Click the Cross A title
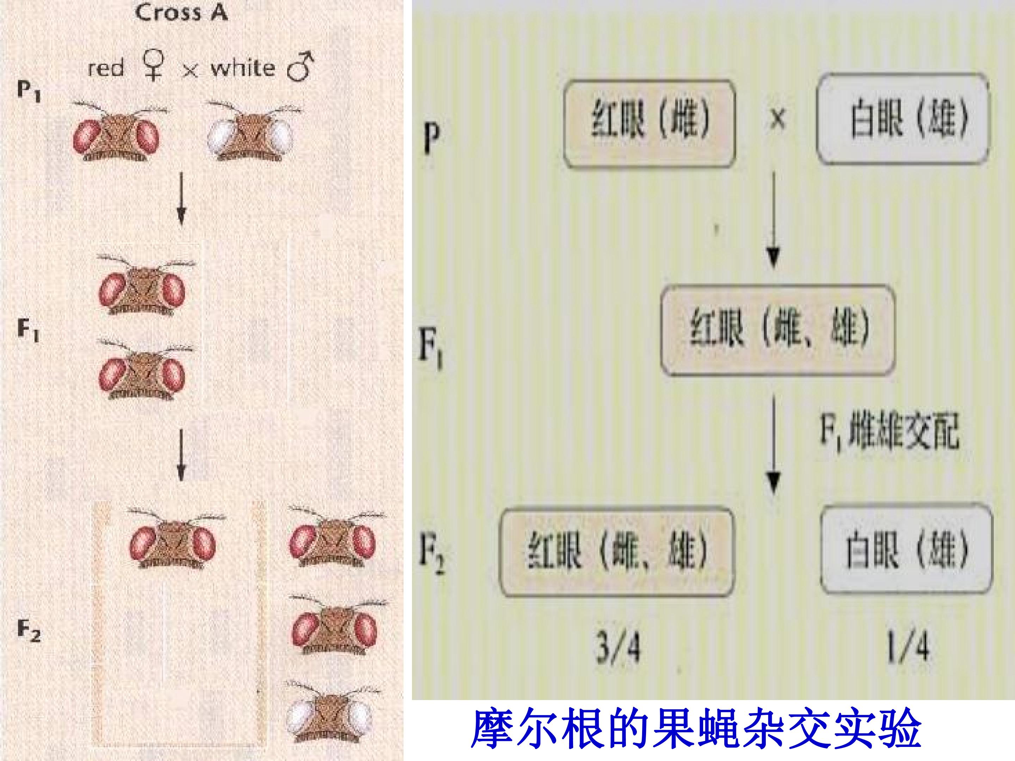point(181,12)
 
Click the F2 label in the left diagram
point(29,631)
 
